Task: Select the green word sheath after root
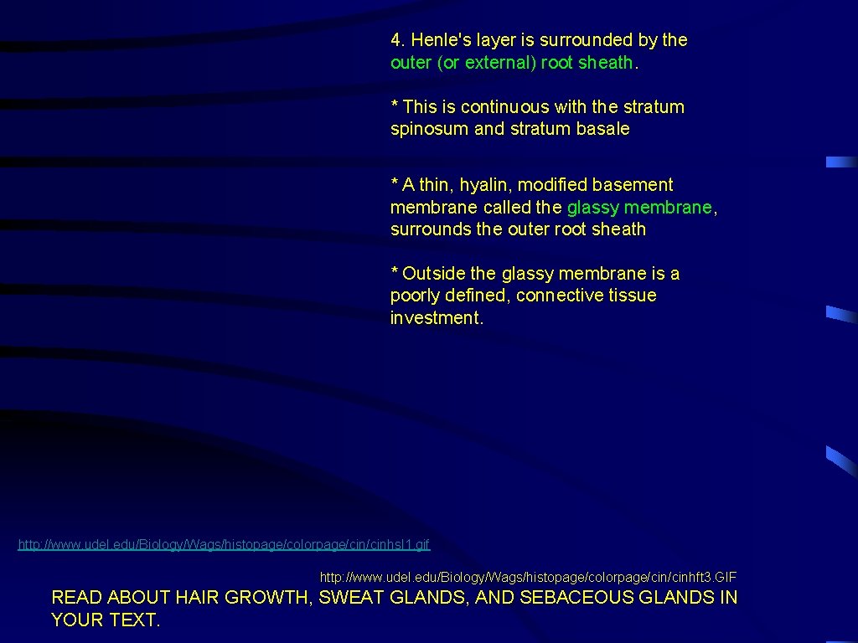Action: [606, 63]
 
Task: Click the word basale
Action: [602, 130]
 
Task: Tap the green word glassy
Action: [593, 208]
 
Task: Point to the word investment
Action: [435, 318]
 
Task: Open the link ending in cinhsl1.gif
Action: [224, 545]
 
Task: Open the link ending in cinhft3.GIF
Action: [528, 578]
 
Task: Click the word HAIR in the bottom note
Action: [199, 598]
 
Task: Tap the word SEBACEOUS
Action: [576, 598]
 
